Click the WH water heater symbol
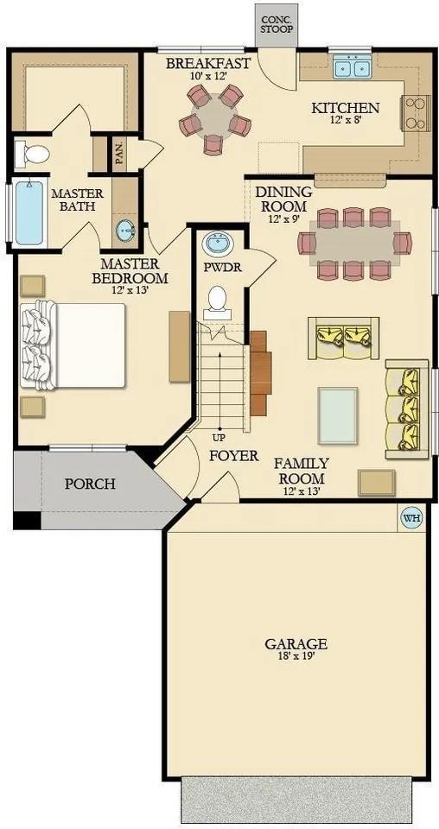tap(410, 518)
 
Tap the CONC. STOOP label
tap(277, 24)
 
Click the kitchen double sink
tap(352, 66)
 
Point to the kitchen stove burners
tap(413, 113)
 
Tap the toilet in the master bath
tap(33, 155)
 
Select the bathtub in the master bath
tap(29, 212)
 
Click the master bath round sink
tap(126, 231)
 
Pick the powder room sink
tap(218, 244)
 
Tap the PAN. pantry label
tap(118, 155)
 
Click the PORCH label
tap(90, 483)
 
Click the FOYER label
tap(233, 455)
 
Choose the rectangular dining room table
tap(354, 244)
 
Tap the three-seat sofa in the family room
tap(406, 406)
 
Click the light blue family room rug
tap(338, 414)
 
